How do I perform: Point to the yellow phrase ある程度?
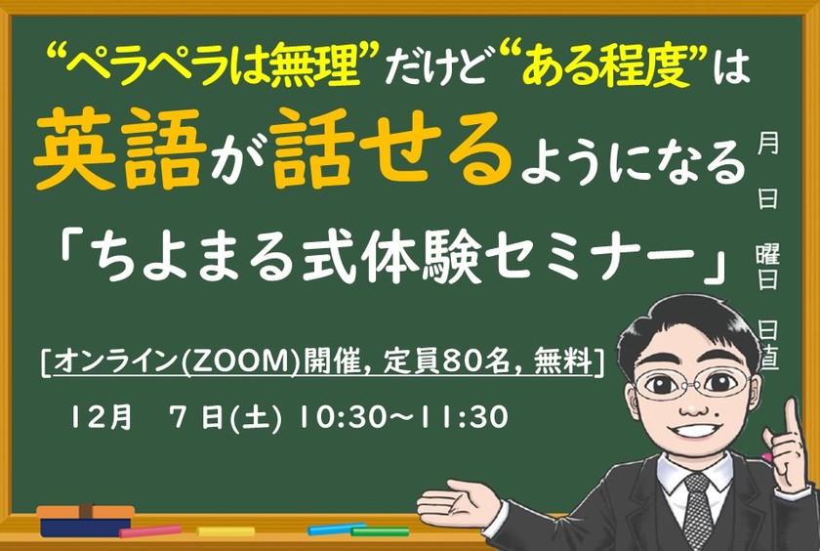(x=602, y=68)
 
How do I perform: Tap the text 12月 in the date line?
(x=100, y=419)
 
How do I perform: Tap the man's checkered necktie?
(x=696, y=509)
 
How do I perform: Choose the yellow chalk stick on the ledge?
(x=225, y=531)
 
